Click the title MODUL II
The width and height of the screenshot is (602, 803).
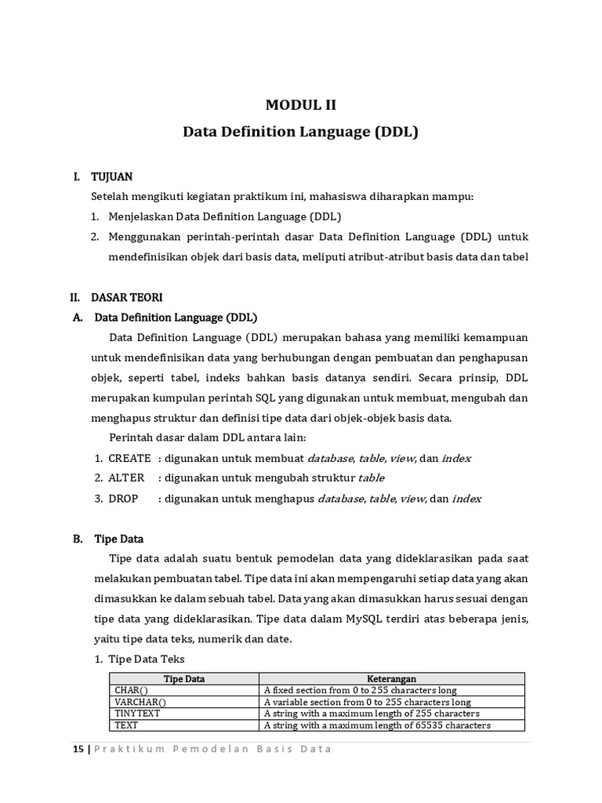[x=300, y=105]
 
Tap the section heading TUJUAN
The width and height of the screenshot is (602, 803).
[x=111, y=178]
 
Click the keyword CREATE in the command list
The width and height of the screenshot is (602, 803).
[x=129, y=458]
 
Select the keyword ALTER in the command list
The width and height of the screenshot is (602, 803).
[x=126, y=478]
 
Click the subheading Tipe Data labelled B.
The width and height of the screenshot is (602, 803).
[x=118, y=539]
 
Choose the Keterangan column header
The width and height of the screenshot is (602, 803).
[x=391, y=678]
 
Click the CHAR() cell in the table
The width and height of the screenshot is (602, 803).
[x=131, y=690]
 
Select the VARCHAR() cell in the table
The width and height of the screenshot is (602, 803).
[x=140, y=702]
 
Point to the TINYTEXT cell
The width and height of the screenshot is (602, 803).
[x=137, y=714]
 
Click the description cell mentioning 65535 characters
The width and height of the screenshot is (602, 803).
[x=377, y=725]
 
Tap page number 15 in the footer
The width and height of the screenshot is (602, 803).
[x=77, y=749]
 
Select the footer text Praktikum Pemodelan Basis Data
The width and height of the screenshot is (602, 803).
[x=213, y=749]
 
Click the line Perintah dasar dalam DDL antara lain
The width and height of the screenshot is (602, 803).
[x=208, y=438]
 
